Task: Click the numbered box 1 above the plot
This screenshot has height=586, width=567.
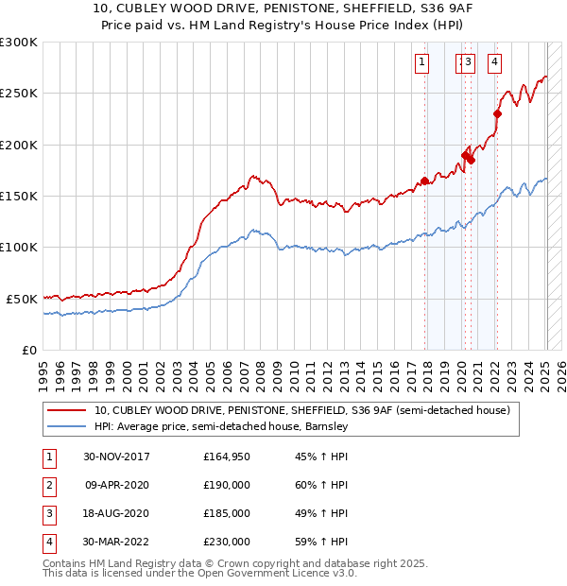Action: pyautogui.click(x=421, y=63)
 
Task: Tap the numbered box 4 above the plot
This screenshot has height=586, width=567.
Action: pyautogui.click(x=493, y=63)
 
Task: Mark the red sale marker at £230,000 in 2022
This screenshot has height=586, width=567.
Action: pyautogui.click(x=497, y=114)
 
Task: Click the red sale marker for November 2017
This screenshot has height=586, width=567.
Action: pyautogui.click(x=424, y=181)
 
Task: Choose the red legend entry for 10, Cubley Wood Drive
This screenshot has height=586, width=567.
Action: pyautogui.click(x=301, y=410)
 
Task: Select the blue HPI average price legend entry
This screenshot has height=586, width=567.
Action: pyautogui.click(x=221, y=426)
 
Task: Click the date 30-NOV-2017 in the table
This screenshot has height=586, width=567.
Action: pyautogui.click(x=116, y=457)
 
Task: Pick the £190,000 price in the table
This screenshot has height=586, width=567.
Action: pyautogui.click(x=226, y=485)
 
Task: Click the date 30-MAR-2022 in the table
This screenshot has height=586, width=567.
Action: pyautogui.click(x=116, y=542)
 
